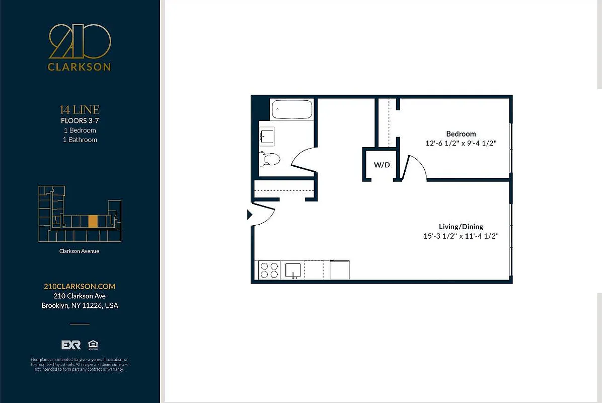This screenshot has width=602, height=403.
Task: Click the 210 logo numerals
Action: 80,42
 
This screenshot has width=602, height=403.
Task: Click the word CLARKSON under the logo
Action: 80,67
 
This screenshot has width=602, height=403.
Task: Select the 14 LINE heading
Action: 80,109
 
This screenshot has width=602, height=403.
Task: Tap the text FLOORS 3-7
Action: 80,120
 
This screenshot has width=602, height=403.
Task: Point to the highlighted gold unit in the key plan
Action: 93,222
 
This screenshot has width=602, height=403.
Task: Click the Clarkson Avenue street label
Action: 80,251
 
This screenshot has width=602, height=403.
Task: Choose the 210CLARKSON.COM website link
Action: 80,286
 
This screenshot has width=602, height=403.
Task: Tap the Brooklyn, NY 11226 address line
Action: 80,305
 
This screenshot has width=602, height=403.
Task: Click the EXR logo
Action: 71,345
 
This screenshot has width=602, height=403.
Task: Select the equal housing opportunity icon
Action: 93,345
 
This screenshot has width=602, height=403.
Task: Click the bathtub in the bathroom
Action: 292,109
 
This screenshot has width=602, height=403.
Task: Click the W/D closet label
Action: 382,165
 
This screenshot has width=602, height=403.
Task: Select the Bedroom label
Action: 461,133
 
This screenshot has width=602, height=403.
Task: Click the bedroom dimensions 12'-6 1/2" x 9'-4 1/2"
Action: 461,143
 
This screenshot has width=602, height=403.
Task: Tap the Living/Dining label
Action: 461,227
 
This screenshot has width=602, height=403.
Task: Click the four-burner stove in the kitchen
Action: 269,270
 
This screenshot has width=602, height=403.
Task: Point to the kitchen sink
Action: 292,270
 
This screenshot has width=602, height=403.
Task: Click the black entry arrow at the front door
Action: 249,215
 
